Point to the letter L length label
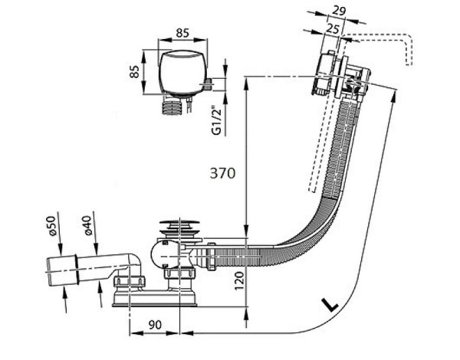point(329,306)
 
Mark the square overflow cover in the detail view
point(182,75)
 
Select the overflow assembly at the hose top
point(337,77)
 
